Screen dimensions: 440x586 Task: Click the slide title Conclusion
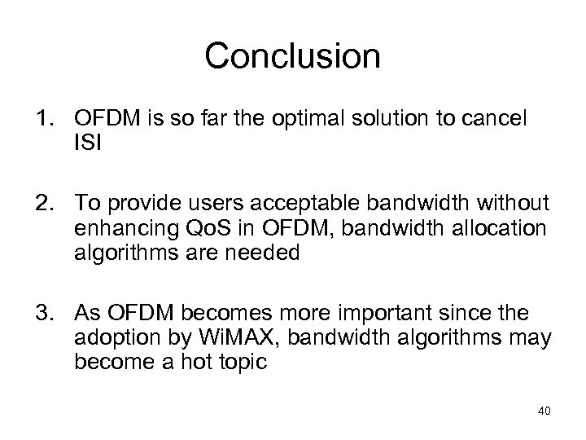coord(292,56)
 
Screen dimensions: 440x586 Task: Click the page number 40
coord(544,411)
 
